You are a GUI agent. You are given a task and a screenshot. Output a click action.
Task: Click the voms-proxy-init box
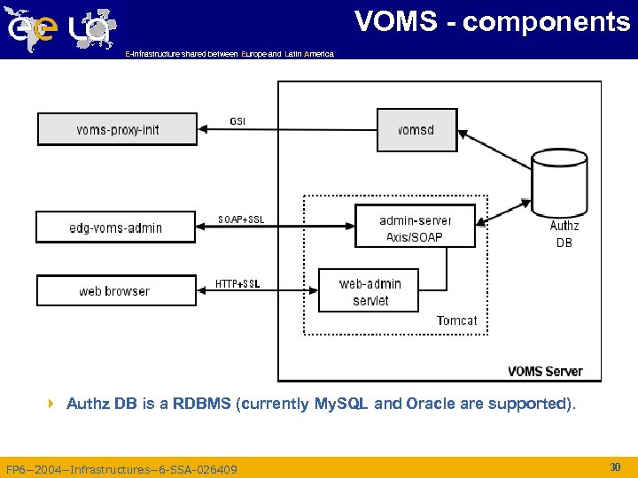(x=117, y=129)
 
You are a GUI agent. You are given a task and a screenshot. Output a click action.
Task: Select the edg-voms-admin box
(x=115, y=227)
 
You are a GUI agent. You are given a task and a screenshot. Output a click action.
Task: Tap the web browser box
(x=115, y=290)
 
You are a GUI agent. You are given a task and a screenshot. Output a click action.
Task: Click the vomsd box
(x=416, y=129)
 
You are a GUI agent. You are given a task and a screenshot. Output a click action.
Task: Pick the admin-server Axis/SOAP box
(x=415, y=228)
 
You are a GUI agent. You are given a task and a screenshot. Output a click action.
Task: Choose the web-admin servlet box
(x=370, y=291)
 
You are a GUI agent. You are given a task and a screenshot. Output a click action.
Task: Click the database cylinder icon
(x=559, y=182)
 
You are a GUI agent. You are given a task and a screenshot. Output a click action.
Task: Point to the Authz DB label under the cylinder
(x=564, y=234)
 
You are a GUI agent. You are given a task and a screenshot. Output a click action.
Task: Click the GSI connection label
(x=238, y=120)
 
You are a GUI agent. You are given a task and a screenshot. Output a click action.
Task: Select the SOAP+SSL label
(x=241, y=220)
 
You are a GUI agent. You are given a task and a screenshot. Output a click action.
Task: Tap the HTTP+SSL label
(x=237, y=284)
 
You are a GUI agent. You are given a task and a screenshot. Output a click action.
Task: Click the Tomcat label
(x=456, y=320)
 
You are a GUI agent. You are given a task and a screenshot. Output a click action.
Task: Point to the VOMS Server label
(x=545, y=371)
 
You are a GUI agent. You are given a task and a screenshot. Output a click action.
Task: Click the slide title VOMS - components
(x=492, y=21)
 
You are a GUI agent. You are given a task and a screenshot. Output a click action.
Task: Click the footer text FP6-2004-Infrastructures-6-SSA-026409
(x=121, y=469)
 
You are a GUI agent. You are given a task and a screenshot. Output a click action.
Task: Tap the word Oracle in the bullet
(x=431, y=404)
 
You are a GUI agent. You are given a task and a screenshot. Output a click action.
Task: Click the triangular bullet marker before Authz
(x=51, y=404)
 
